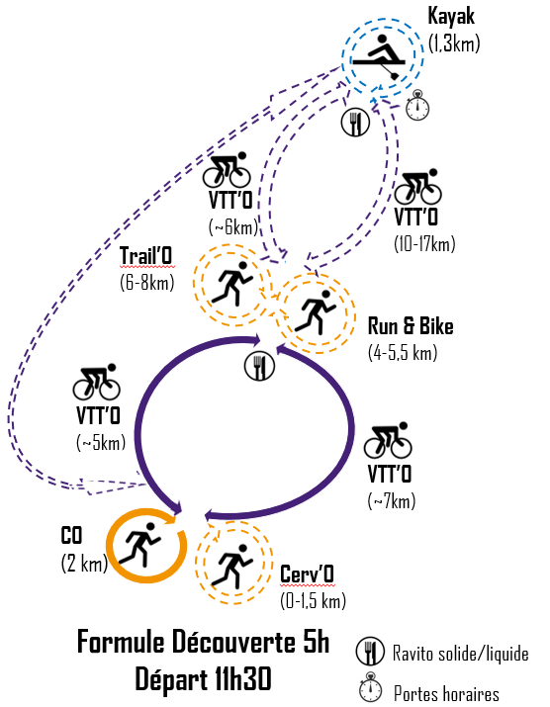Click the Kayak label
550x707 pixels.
(x=451, y=17)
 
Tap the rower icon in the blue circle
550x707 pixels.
(x=379, y=56)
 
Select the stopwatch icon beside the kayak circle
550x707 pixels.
(x=417, y=106)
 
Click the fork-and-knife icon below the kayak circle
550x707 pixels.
(x=355, y=123)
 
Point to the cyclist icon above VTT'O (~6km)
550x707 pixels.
(x=227, y=169)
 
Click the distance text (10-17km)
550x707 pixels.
(x=424, y=244)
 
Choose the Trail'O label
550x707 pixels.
(x=146, y=256)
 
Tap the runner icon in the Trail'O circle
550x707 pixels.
(x=231, y=284)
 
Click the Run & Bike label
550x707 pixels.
(x=411, y=326)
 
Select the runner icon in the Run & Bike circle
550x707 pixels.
(x=316, y=312)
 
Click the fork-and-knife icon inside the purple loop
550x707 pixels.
(x=259, y=366)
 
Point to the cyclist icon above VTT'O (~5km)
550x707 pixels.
(x=97, y=382)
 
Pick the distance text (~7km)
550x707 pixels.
(x=392, y=500)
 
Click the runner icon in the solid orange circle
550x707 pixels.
(x=139, y=545)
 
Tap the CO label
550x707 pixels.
(x=71, y=536)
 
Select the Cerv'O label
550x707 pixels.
(x=307, y=574)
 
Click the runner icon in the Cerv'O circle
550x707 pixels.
(x=232, y=567)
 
